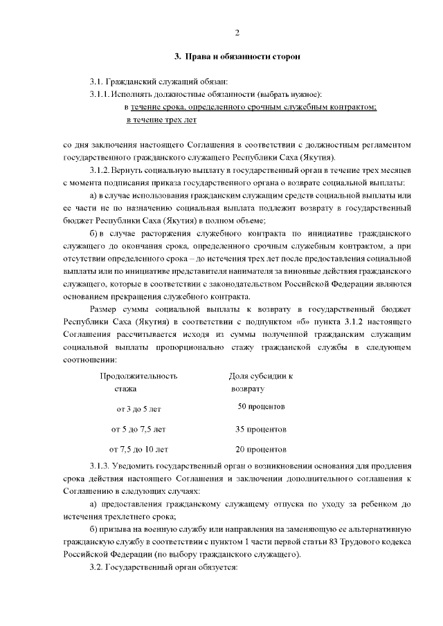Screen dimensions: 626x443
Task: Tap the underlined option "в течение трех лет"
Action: click(161, 120)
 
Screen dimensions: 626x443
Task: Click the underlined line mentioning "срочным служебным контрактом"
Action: click(250, 107)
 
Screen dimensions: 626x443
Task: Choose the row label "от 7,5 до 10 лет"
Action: click(134, 448)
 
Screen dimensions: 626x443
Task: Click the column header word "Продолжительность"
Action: click(138, 376)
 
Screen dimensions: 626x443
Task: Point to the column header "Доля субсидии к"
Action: click(260, 376)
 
